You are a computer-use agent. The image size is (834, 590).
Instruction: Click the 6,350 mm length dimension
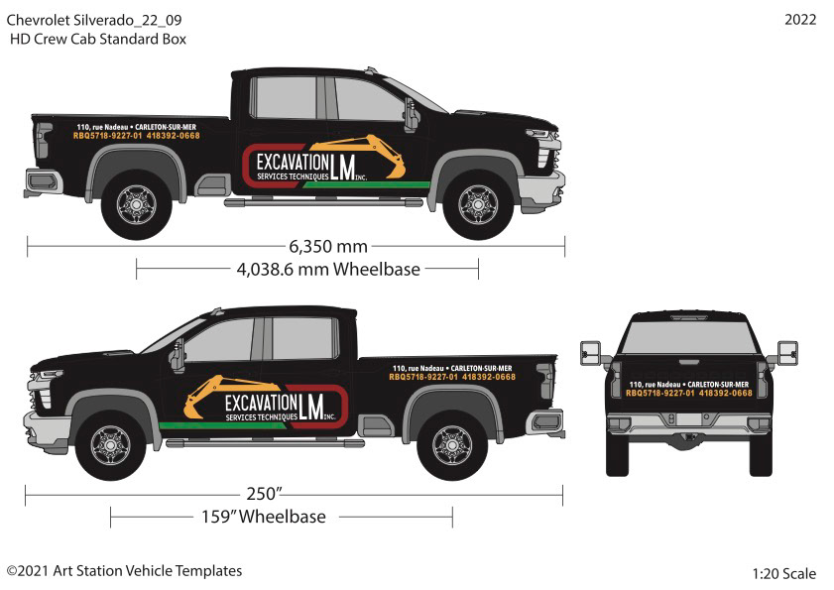point(328,246)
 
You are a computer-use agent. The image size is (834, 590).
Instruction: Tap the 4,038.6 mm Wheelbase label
point(328,269)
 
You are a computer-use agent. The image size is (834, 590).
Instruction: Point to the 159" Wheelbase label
point(264,517)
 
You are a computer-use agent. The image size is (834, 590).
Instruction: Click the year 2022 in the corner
point(800,20)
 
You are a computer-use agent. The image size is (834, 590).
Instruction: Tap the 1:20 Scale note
point(783,573)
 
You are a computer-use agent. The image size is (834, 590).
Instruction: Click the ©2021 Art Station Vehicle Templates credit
point(124,571)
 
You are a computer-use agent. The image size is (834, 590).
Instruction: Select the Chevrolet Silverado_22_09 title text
point(93,20)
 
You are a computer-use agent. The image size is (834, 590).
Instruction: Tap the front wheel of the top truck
point(478,203)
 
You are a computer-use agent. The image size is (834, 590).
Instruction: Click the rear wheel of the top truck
point(136,203)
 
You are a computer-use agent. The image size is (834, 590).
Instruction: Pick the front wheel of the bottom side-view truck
point(110,445)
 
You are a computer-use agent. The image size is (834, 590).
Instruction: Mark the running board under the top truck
point(323,202)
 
